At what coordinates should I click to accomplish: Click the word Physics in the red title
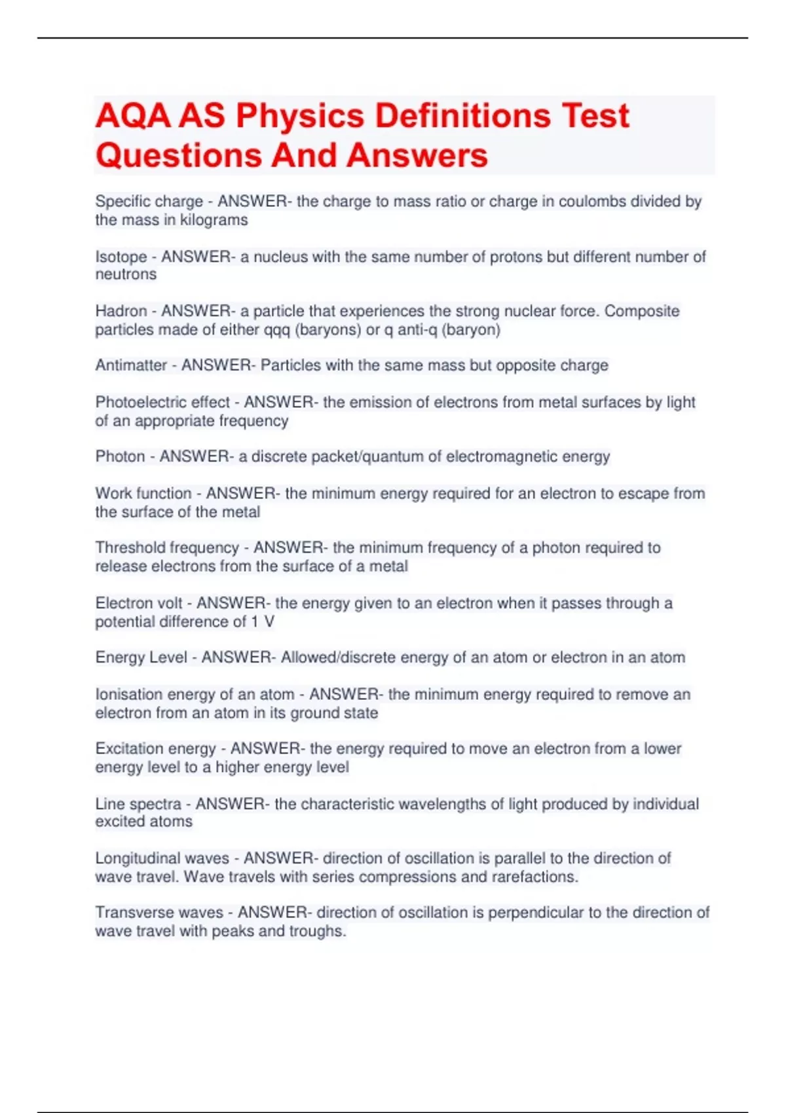[299, 116]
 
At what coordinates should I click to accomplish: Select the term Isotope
[121, 257]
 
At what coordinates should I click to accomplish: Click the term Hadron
[121, 311]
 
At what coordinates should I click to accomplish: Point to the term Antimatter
[131, 365]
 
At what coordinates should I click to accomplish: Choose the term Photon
[120, 456]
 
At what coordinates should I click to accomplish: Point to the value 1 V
[263, 621]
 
